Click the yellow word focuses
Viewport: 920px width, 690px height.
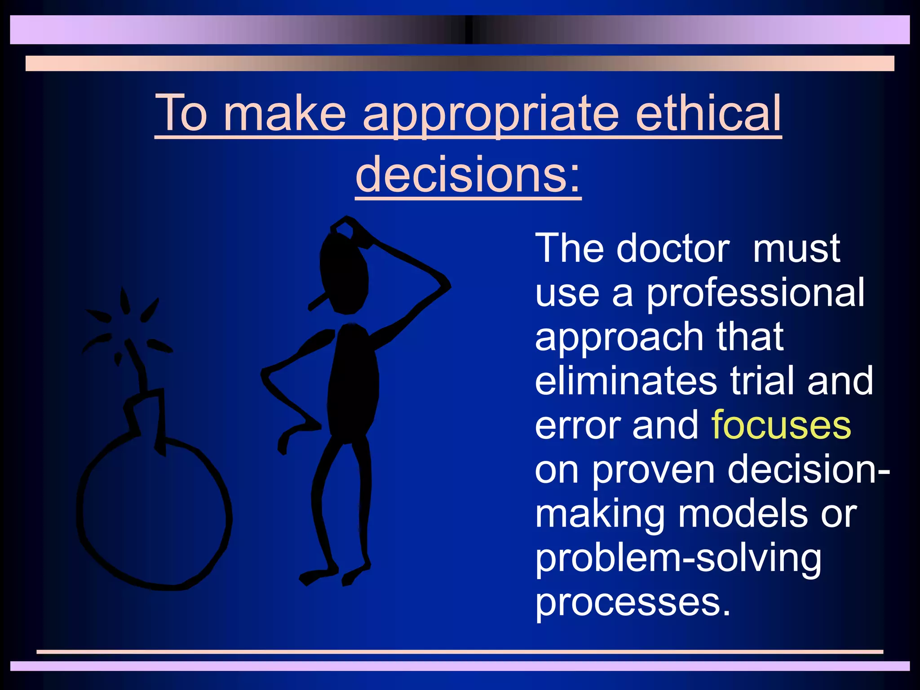[x=781, y=425]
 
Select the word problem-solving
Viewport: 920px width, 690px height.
[x=678, y=559]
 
